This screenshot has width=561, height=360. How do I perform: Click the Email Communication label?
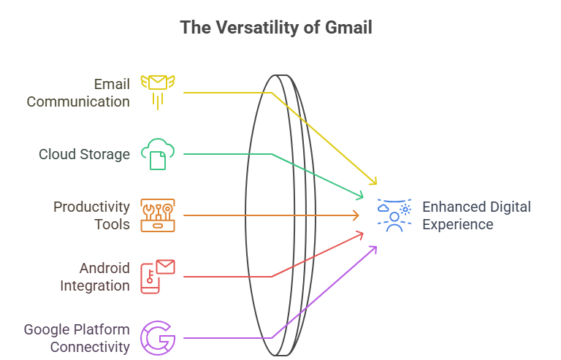[78, 93]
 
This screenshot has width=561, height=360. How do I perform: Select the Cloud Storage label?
[84, 154]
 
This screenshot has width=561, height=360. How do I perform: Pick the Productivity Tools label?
[91, 215]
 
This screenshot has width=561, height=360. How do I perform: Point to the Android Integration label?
[94, 277]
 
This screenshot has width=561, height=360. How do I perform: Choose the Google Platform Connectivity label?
[77, 338]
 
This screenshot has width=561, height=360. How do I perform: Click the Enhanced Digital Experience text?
[476, 215]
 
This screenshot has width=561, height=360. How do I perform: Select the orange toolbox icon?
[158, 215]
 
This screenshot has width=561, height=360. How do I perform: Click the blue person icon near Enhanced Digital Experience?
[394, 215]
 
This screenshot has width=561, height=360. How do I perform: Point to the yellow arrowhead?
[374, 182]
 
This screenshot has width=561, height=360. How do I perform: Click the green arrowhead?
[359, 196]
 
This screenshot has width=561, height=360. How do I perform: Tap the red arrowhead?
[359, 234]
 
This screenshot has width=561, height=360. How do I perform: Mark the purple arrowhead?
[373, 249]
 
